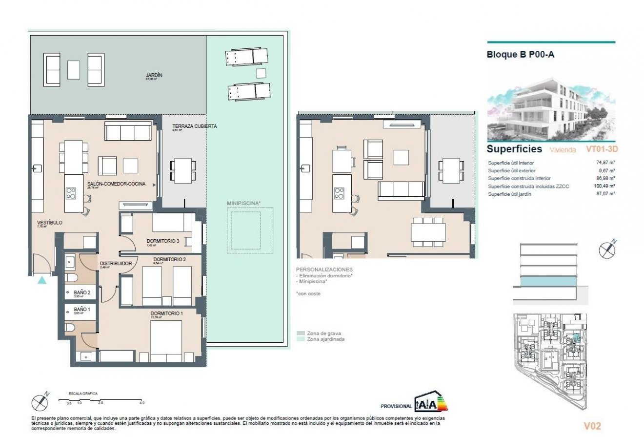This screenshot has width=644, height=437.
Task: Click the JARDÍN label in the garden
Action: [x=154, y=75]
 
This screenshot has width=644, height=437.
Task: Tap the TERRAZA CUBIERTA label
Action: [x=194, y=126]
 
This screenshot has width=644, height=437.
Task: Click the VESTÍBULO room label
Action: [x=50, y=222]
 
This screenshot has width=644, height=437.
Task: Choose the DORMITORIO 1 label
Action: [x=166, y=313]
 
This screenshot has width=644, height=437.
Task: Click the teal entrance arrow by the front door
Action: [x=42, y=280]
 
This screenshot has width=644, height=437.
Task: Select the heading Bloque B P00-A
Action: [x=521, y=55]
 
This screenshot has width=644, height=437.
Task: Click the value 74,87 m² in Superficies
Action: [x=605, y=163]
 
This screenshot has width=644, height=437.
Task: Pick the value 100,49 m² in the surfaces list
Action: [x=604, y=186]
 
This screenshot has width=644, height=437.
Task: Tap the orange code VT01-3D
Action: [x=605, y=149]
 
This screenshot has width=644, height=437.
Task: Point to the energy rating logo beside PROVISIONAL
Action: [x=431, y=404]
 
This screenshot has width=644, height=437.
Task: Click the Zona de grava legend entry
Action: [x=324, y=333]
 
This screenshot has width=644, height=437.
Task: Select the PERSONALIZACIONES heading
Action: [x=324, y=270]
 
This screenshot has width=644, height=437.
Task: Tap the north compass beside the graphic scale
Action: [x=40, y=402]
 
